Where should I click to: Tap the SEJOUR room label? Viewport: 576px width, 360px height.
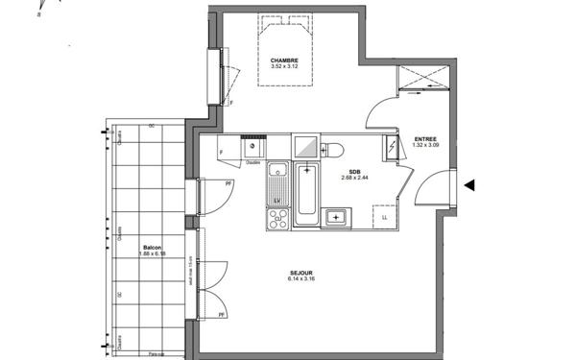pyautogui.click(x=303, y=272)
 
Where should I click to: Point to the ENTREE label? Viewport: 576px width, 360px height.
pyautogui.click(x=426, y=138)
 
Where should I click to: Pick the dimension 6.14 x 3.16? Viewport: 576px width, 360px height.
pyautogui.click(x=303, y=279)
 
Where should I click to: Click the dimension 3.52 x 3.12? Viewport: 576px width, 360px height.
pyautogui.click(x=283, y=66)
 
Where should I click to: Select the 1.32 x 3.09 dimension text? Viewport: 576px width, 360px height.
pyautogui.click(x=426, y=146)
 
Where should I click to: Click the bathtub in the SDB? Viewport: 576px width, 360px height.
pyautogui.click(x=306, y=195)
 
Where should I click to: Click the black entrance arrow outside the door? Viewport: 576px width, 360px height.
pyautogui.click(x=469, y=186)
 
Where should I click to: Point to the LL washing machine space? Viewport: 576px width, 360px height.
pyautogui.click(x=385, y=217)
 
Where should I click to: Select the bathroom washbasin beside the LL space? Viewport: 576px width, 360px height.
pyautogui.click(x=336, y=217)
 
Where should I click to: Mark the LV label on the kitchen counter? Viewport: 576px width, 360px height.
pyautogui.click(x=276, y=199)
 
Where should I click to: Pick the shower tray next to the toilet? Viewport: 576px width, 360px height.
pyautogui.click(x=306, y=146)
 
